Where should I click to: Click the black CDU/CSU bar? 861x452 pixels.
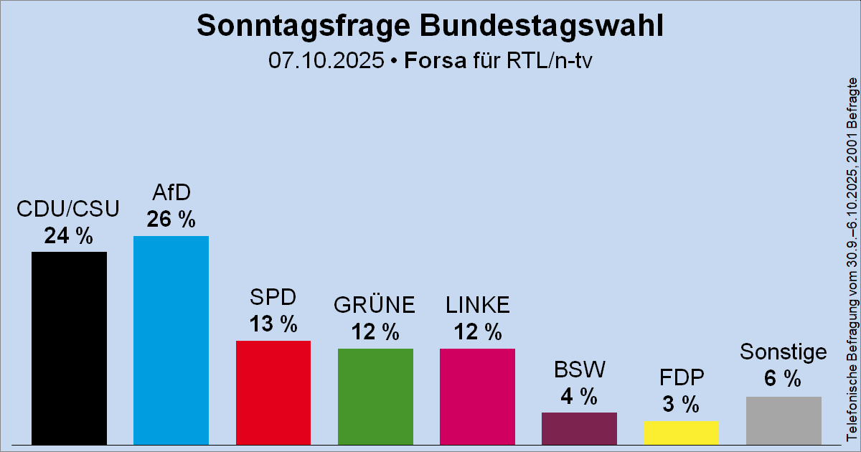[x=69, y=347]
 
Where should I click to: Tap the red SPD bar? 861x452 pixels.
[x=273, y=392]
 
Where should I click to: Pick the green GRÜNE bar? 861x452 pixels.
[x=375, y=395]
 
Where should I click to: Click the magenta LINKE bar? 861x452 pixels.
[x=477, y=395]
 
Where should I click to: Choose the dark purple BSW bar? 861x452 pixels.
[x=579, y=428]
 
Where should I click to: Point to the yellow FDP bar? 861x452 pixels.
[x=681, y=432]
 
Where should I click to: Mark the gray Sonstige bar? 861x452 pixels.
[x=784, y=420]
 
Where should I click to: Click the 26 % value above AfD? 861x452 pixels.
[x=171, y=220]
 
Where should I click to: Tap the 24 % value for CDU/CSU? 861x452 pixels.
[x=69, y=235]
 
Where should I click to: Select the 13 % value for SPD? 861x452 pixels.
[x=273, y=324]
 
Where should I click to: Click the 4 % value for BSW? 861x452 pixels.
[x=579, y=395]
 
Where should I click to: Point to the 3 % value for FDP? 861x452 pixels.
[x=681, y=404]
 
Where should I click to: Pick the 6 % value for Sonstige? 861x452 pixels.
[x=784, y=380]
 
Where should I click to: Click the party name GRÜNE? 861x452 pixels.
[x=375, y=305]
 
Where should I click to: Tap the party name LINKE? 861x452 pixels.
[x=477, y=305]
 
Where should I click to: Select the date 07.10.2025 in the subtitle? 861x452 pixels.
[x=326, y=60]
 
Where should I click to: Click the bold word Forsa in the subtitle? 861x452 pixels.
[x=433, y=60]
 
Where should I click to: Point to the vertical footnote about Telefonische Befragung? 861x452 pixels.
[x=852, y=258]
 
